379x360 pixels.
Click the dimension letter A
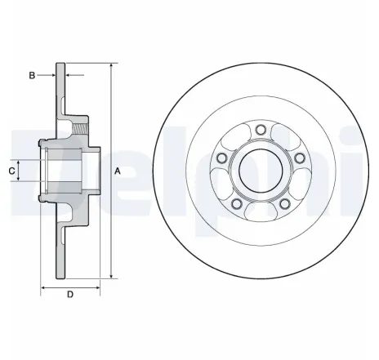[x=117, y=171]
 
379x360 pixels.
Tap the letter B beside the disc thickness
[x=32, y=75]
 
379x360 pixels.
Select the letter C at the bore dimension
[x=11, y=171]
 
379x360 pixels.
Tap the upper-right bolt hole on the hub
[x=299, y=157]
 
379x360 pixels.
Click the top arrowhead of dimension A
[x=107, y=64]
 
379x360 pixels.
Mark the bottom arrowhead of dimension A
[x=107, y=278]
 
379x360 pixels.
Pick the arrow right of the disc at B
[x=68, y=75]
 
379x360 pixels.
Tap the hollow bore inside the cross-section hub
[x=69, y=171]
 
